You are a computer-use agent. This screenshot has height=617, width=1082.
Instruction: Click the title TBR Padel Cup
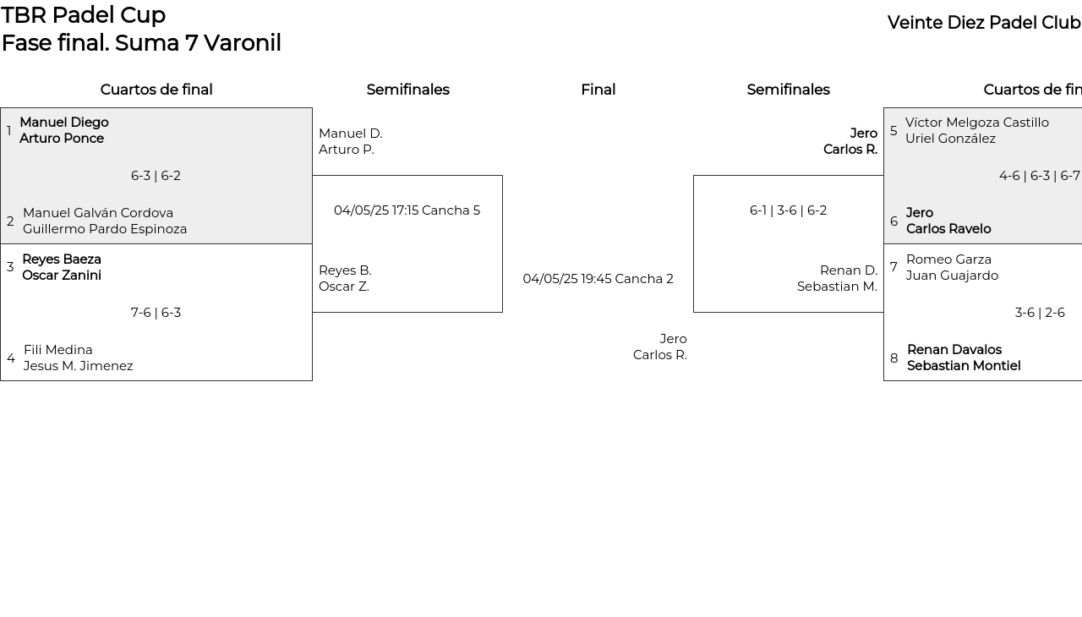83,15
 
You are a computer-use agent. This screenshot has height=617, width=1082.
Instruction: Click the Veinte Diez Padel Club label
984,23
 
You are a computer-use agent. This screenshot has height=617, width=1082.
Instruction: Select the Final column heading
598,90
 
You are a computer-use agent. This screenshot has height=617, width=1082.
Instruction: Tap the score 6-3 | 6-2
156,176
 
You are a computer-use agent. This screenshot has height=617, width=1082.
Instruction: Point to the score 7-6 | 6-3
156,313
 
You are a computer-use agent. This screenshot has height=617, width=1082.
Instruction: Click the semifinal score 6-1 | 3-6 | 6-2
788,210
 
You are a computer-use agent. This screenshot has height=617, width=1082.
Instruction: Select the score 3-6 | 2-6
1040,313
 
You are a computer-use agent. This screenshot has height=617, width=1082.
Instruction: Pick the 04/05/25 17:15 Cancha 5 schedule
407,210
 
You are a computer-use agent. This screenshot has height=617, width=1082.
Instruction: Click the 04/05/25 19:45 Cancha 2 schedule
598,279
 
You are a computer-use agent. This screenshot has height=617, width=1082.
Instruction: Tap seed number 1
8,130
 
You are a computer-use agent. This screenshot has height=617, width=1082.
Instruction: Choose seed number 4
11,358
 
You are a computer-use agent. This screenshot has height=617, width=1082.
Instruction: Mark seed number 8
894,358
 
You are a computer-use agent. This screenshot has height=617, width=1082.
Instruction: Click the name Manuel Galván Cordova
98,213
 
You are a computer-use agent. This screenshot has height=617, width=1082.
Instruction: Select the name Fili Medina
58,350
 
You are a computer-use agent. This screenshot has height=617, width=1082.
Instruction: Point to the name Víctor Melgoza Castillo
977,123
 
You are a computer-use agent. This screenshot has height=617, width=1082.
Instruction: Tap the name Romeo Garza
948,259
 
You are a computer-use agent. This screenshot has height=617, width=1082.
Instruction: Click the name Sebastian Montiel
964,366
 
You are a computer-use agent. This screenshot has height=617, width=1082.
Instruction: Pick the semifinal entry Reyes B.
345,270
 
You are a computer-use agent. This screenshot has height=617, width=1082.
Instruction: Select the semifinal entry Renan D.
849,270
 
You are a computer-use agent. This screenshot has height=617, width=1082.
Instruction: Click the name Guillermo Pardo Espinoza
105,229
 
